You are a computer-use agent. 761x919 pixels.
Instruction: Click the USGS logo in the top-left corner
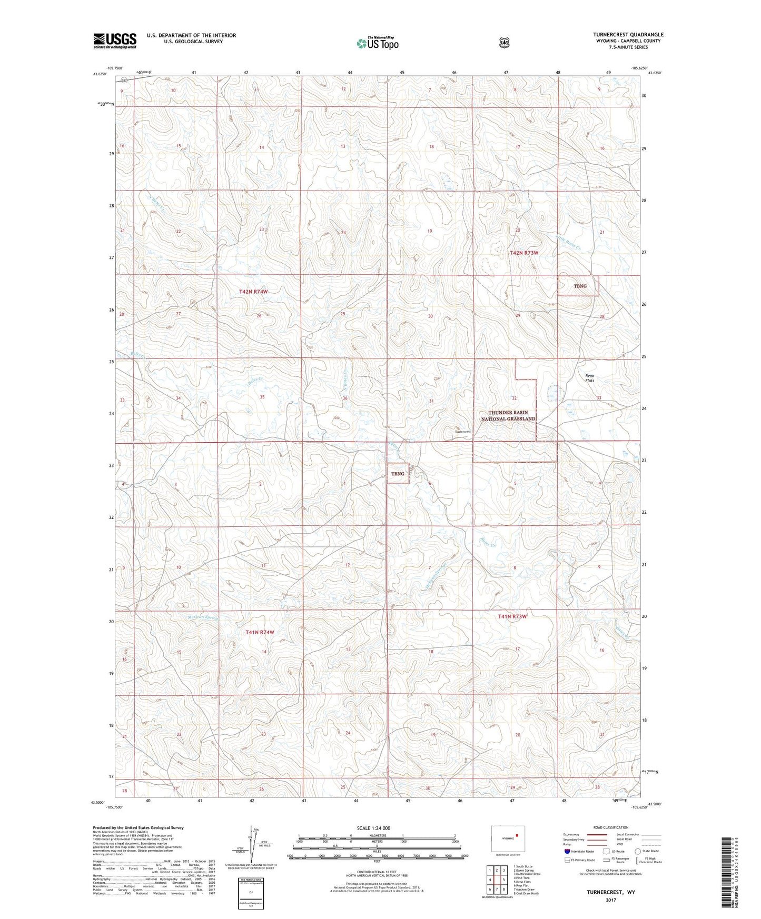pos(115,41)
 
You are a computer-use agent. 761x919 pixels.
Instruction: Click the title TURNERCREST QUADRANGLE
pos(628,35)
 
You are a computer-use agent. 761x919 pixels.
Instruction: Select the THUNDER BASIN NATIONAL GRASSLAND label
pos(508,416)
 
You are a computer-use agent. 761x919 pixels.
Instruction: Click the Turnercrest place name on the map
pos(462,432)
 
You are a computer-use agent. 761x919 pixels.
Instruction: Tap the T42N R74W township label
pos(253,291)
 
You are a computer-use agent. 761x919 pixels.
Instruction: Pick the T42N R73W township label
pos(523,253)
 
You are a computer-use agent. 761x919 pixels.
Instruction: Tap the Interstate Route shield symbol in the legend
pos(567,851)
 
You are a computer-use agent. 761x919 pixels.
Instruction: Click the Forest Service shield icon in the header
pos(504,43)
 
